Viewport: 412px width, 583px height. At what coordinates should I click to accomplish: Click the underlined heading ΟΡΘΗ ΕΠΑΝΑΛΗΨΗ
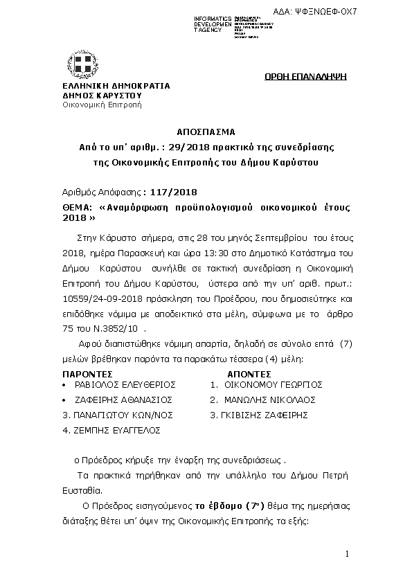[305, 75]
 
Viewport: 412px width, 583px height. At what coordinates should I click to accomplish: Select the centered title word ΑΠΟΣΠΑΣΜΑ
[206, 131]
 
